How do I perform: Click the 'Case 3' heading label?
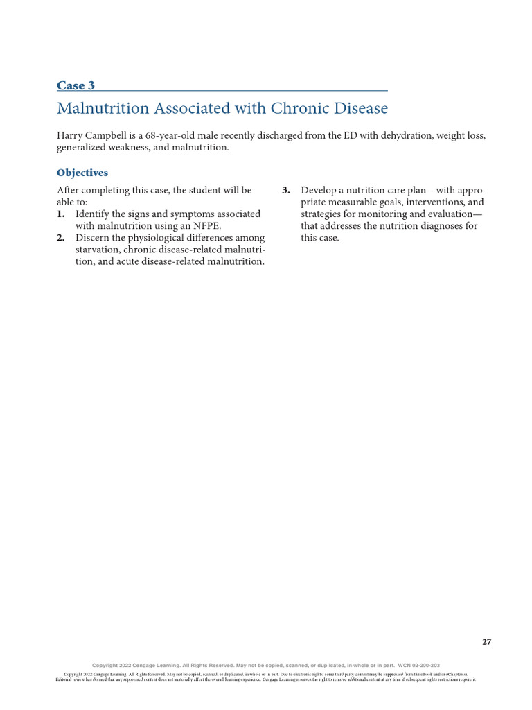pyautogui.click(x=76, y=86)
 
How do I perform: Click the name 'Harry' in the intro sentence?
pyautogui.click(x=70, y=136)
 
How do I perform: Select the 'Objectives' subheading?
pyautogui.click(x=82, y=173)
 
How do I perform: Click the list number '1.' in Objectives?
pyautogui.click(x=61, y=214)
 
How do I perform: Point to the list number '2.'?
pyautogui.click(x=61, y=238)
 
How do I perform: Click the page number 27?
pyautogui.click(x=486, y=642)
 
